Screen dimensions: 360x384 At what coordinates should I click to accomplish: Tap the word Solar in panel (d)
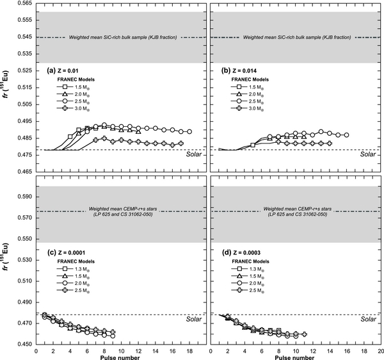click(x=367, y=318)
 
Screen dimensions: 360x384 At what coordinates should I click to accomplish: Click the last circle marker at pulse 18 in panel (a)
click(x=189, y=131)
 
